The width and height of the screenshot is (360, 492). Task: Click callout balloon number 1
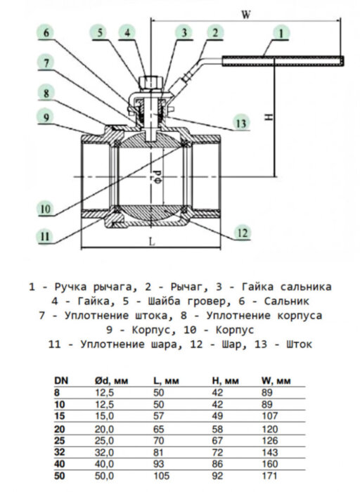click(x=281, y=32)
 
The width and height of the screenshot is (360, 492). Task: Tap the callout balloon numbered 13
click(x=241, y=124)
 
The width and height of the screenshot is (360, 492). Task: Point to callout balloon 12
click(x=241, y=231)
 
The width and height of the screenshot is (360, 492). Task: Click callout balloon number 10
click(x=45, y=209)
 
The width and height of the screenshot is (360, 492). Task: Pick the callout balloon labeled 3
click(x=184, y=32)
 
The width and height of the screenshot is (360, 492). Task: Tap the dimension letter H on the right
click(x=268, y=117)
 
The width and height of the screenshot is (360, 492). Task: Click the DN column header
click(x=61, y=380)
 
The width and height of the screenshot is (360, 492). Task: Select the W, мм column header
click(x=275, y=380)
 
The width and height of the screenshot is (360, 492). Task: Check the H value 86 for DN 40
click(x=219, y=465)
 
